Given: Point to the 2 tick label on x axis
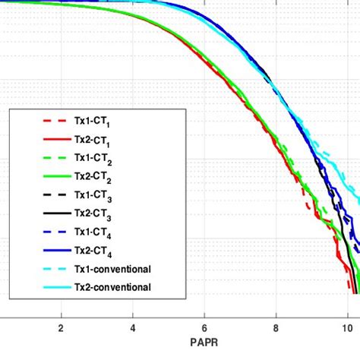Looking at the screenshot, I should (61, 328).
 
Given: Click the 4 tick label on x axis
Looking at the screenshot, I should (132, 328).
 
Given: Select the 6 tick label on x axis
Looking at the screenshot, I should (204, 328).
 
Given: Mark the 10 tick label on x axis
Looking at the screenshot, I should (347, 328).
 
